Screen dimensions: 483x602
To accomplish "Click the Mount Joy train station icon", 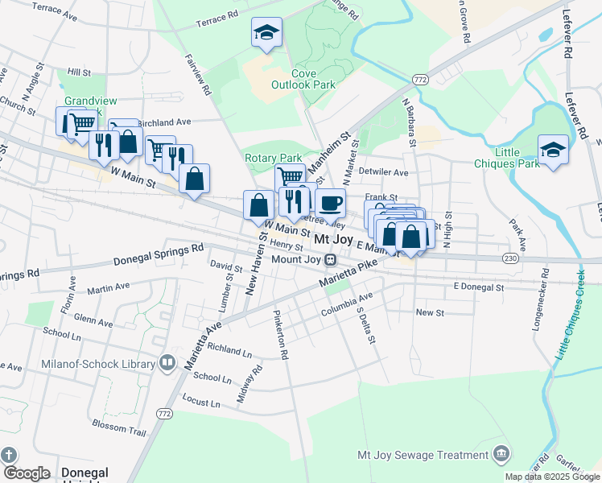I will pyautogui.click(x=330, y=260).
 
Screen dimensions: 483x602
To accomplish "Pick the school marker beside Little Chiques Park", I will pyautogui.click(x=553, y=150).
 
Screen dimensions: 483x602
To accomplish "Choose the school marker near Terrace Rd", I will pyautogui.click(x=266, y=33).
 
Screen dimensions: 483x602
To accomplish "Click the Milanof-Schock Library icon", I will pyautogui.click(x=167, y=364).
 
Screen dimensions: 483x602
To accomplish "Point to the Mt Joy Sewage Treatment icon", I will pyautogui.click(x=502, y=455).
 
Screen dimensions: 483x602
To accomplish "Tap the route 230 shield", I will pyautogui.click(x=510, y=258).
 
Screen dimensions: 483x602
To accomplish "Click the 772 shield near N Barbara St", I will pyautogui.click(x=419, y=80).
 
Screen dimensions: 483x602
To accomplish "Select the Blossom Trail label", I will pyautogui.click(x=119, y=432).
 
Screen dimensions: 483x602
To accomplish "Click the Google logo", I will pyautogui.click(x=26, y=473).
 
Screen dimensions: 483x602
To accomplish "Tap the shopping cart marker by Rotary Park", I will pyautogui.click(x=289, y=176).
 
